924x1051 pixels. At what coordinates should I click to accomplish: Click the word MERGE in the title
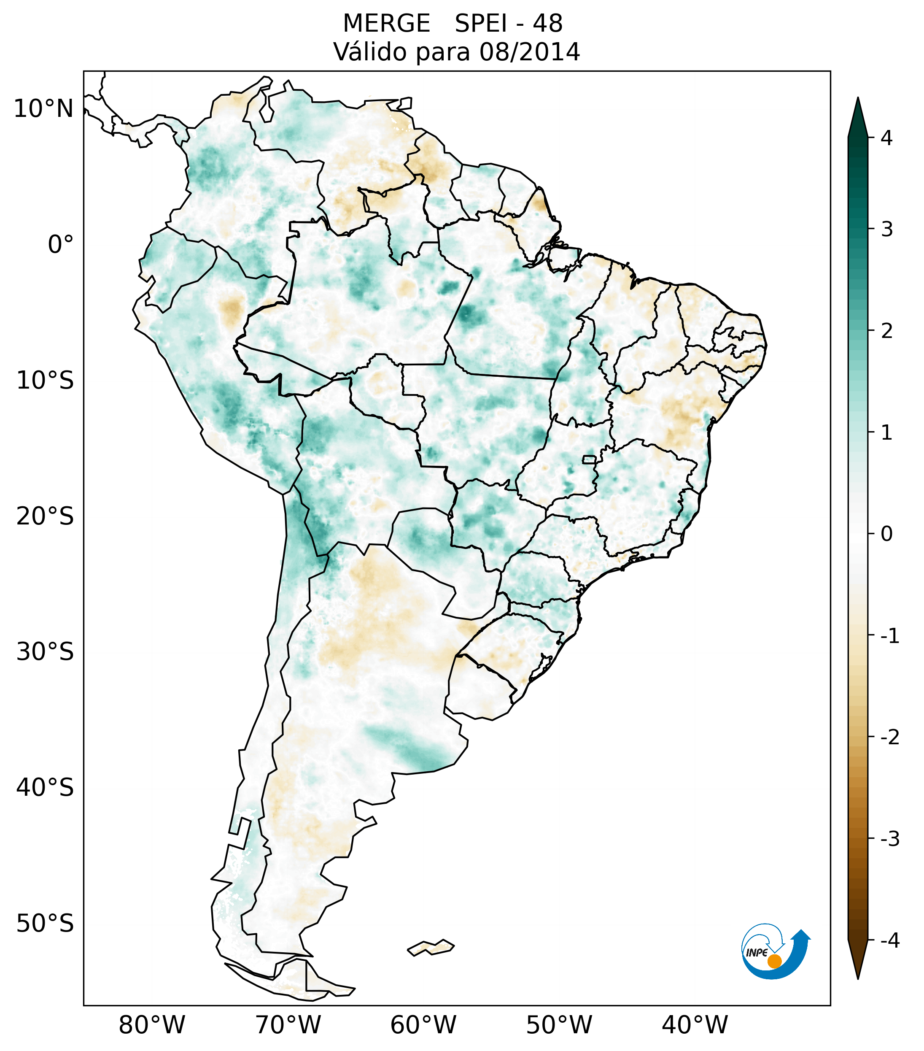[386, 24]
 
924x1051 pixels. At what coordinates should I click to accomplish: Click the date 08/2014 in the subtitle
[529, 52]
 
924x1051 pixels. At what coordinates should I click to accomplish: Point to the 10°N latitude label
[44, 109]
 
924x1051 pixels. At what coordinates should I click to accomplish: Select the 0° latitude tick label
[61, 245]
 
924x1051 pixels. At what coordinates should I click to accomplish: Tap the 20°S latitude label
[45, 516]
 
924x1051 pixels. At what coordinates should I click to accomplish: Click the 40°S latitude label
[45, 788]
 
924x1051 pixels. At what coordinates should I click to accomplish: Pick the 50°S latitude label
[45, 924]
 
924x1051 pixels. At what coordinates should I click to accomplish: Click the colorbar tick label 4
[886, 138]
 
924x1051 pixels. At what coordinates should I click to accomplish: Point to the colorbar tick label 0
[886, 534]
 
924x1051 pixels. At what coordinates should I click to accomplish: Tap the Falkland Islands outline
[431, 947]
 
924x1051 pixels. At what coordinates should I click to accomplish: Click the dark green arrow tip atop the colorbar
[858, 116]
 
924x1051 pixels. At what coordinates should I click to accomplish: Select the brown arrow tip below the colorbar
[858, 961]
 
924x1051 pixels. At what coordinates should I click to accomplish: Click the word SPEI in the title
[480, 24]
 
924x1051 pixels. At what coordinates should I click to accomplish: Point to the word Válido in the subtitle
[370, 52]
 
